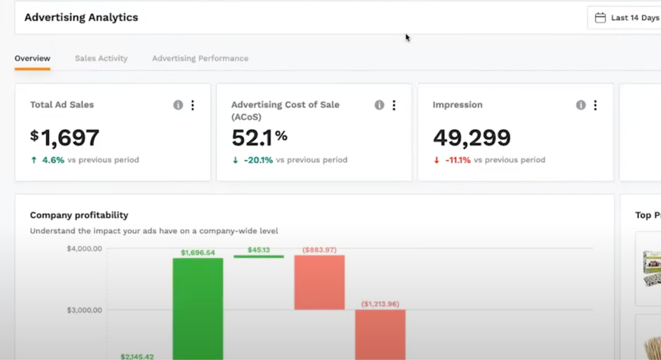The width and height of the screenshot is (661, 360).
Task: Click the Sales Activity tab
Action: coord(101,58)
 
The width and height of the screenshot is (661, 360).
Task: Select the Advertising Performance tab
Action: coord(200,58)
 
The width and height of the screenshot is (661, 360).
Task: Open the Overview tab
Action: coord(32,58)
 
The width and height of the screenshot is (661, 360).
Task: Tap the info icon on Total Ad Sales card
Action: coord(178,105)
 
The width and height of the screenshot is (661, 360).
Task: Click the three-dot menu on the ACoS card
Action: coord(394,105)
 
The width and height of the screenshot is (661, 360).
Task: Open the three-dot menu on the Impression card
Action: coord(595,105)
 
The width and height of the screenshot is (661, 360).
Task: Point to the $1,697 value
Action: coord(65,138)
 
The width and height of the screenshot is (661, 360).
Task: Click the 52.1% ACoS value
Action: coord(259,138)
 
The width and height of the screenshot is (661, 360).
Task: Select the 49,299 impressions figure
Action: coord(472,138)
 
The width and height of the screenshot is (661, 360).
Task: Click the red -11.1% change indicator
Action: coord(457,160)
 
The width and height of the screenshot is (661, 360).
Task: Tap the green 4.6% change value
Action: coord(53,160)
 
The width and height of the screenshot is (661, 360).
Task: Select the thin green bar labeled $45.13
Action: coord(259,257)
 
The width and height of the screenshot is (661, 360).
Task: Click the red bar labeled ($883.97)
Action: coord(319,282)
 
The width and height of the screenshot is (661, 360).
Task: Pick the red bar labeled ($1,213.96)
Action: coord(380,335)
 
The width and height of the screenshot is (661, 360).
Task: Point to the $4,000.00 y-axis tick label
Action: coord(84,249)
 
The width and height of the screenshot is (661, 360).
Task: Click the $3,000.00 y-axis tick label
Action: coord(84,310)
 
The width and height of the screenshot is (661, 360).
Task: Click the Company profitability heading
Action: coord(79,215)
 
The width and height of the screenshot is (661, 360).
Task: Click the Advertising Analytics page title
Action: coord(81,17)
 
